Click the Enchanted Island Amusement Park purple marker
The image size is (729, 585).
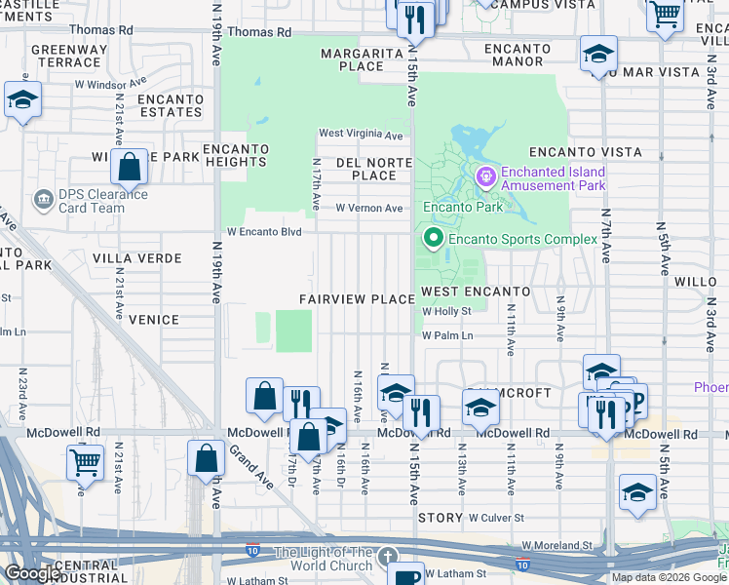485,176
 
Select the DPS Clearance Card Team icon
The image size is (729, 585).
43,200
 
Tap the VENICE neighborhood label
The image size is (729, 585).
153,320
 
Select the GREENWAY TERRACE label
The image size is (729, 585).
65,56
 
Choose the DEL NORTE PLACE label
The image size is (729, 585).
366,169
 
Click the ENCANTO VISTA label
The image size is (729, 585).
585,152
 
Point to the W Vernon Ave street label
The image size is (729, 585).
368,208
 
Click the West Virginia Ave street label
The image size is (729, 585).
361,135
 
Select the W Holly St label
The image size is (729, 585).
446,312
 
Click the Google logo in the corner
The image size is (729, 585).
32,573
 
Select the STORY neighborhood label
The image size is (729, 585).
440,518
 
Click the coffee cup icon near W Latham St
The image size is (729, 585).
405,574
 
